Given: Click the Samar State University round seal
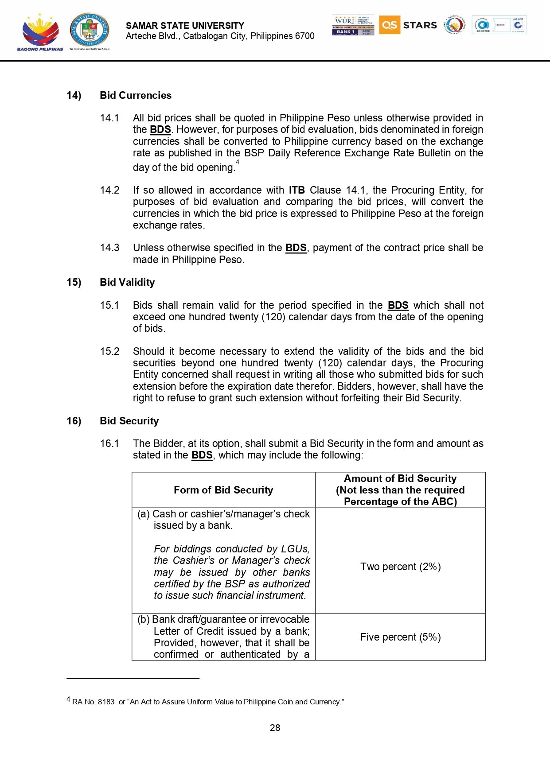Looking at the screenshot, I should pyautogui.click(x=89, y=30).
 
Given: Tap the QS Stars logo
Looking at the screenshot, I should pyautogui.click(x=408, y=25).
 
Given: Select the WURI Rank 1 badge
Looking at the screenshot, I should pyautogui.click(x=353, y=25).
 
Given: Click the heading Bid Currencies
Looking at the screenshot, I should pyautogui.click(x=135, y=95).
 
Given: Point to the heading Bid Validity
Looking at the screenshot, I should pyautogui.click(x=127, y=282).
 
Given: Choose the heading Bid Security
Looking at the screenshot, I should pyautogui.click(x=129, y=421).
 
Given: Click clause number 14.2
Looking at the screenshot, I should pyautogui.click(x=109, y=190).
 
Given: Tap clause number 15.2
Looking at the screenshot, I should pyautogui.click(x=109, y=351).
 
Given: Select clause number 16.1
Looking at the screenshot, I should pyautogui.click(x=109, y=443).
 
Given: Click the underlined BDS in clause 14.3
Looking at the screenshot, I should pyautogui.click(x=296, y=248).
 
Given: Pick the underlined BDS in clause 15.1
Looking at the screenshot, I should pyautogui.click(x=398, y=305).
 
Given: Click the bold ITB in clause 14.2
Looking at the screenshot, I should pyautogui.click(x=296, y=190).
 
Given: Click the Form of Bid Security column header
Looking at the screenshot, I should pyautogui.click(x=223, y=490).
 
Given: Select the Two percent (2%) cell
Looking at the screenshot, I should pyautogui.click(x=400, y=567).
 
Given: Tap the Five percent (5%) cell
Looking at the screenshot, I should pyautogui.click(x=400, y=637).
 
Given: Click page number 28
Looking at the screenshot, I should pyautogui.click(x=275, y=728).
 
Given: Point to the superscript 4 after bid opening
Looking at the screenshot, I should pyautogui.click(x=238, y=162).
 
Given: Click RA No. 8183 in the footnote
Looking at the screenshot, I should pyautogui.click(x=93, y=702).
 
